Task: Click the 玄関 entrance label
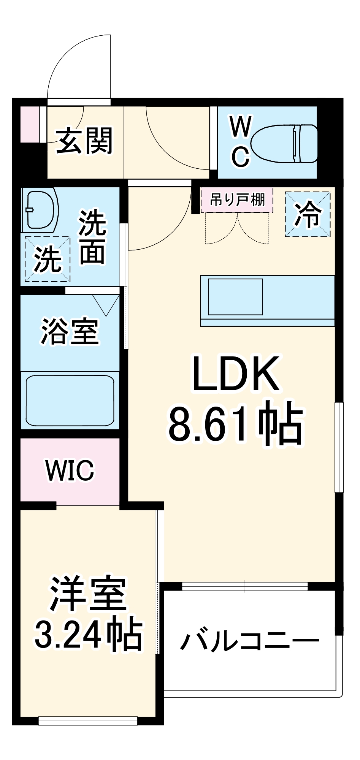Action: tap(84, 141)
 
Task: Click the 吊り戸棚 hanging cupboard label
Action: tap(237, 199)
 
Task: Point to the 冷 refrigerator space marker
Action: tap(308, 214)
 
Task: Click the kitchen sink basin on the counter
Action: tap(235, 297)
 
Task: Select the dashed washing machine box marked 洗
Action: tap(48, 259)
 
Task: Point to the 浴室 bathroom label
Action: tap(70, 331)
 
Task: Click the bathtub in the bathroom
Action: tap(70, 401)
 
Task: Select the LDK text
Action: tap(236, 374)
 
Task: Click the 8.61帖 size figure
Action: tap(236, 423)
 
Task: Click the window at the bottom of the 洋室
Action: tap(88, 720)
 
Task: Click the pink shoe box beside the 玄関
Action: tap(29, 124)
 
